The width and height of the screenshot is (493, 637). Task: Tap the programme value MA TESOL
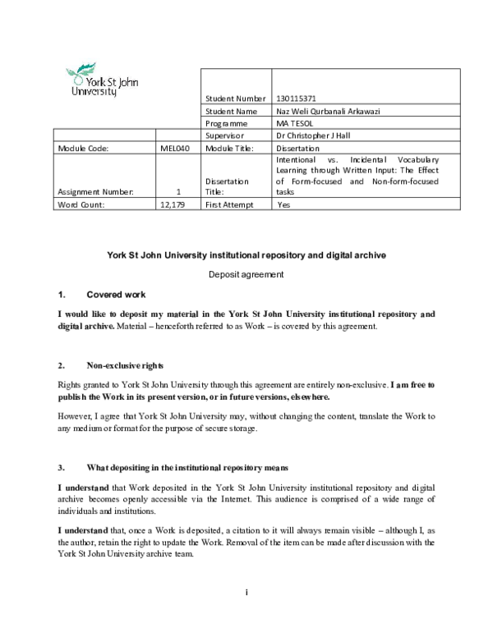pos(296,123)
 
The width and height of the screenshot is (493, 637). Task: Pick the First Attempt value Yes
pos(284,204)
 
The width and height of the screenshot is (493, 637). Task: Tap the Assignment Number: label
pos(91,192)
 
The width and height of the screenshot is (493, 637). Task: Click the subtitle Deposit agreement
pos(246,274)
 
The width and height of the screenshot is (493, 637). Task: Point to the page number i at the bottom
pos(246,592)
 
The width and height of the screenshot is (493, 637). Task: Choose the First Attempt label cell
pos(230,204)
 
